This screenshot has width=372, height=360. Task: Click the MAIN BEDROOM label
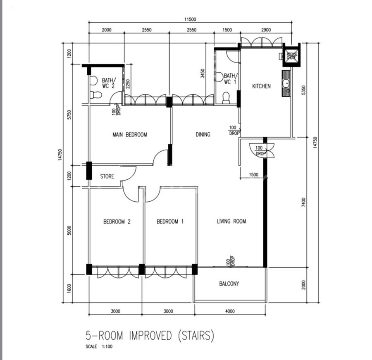pos(129,135)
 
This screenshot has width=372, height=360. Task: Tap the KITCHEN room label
pos(261,86)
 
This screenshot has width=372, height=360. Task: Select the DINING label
pos(203,135)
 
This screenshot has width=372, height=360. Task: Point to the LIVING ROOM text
pos(231,222)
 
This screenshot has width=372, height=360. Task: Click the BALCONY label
pos(229,284)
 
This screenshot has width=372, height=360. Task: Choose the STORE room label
pos(107,176)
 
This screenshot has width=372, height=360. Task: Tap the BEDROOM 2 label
pos(117,222)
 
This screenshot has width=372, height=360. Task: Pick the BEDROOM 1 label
pos(170,222)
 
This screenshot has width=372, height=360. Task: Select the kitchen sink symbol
pos(286,83)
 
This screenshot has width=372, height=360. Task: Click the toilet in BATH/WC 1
pos(226,98)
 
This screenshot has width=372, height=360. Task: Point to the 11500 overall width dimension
pos(190,19)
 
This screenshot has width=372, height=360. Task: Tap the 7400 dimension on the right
pos(303,203)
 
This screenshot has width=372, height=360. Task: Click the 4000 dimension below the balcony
pos(230,311)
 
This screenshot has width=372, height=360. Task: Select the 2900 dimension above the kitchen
pos(266,30)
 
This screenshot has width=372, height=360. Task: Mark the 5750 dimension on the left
pos(69,115)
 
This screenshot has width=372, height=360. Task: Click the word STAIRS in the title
pos(196,336)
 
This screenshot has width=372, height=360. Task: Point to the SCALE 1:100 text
pos(99,346)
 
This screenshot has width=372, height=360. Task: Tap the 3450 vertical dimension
pos(203,74)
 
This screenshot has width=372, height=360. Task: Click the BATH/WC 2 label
pos(109,83)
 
